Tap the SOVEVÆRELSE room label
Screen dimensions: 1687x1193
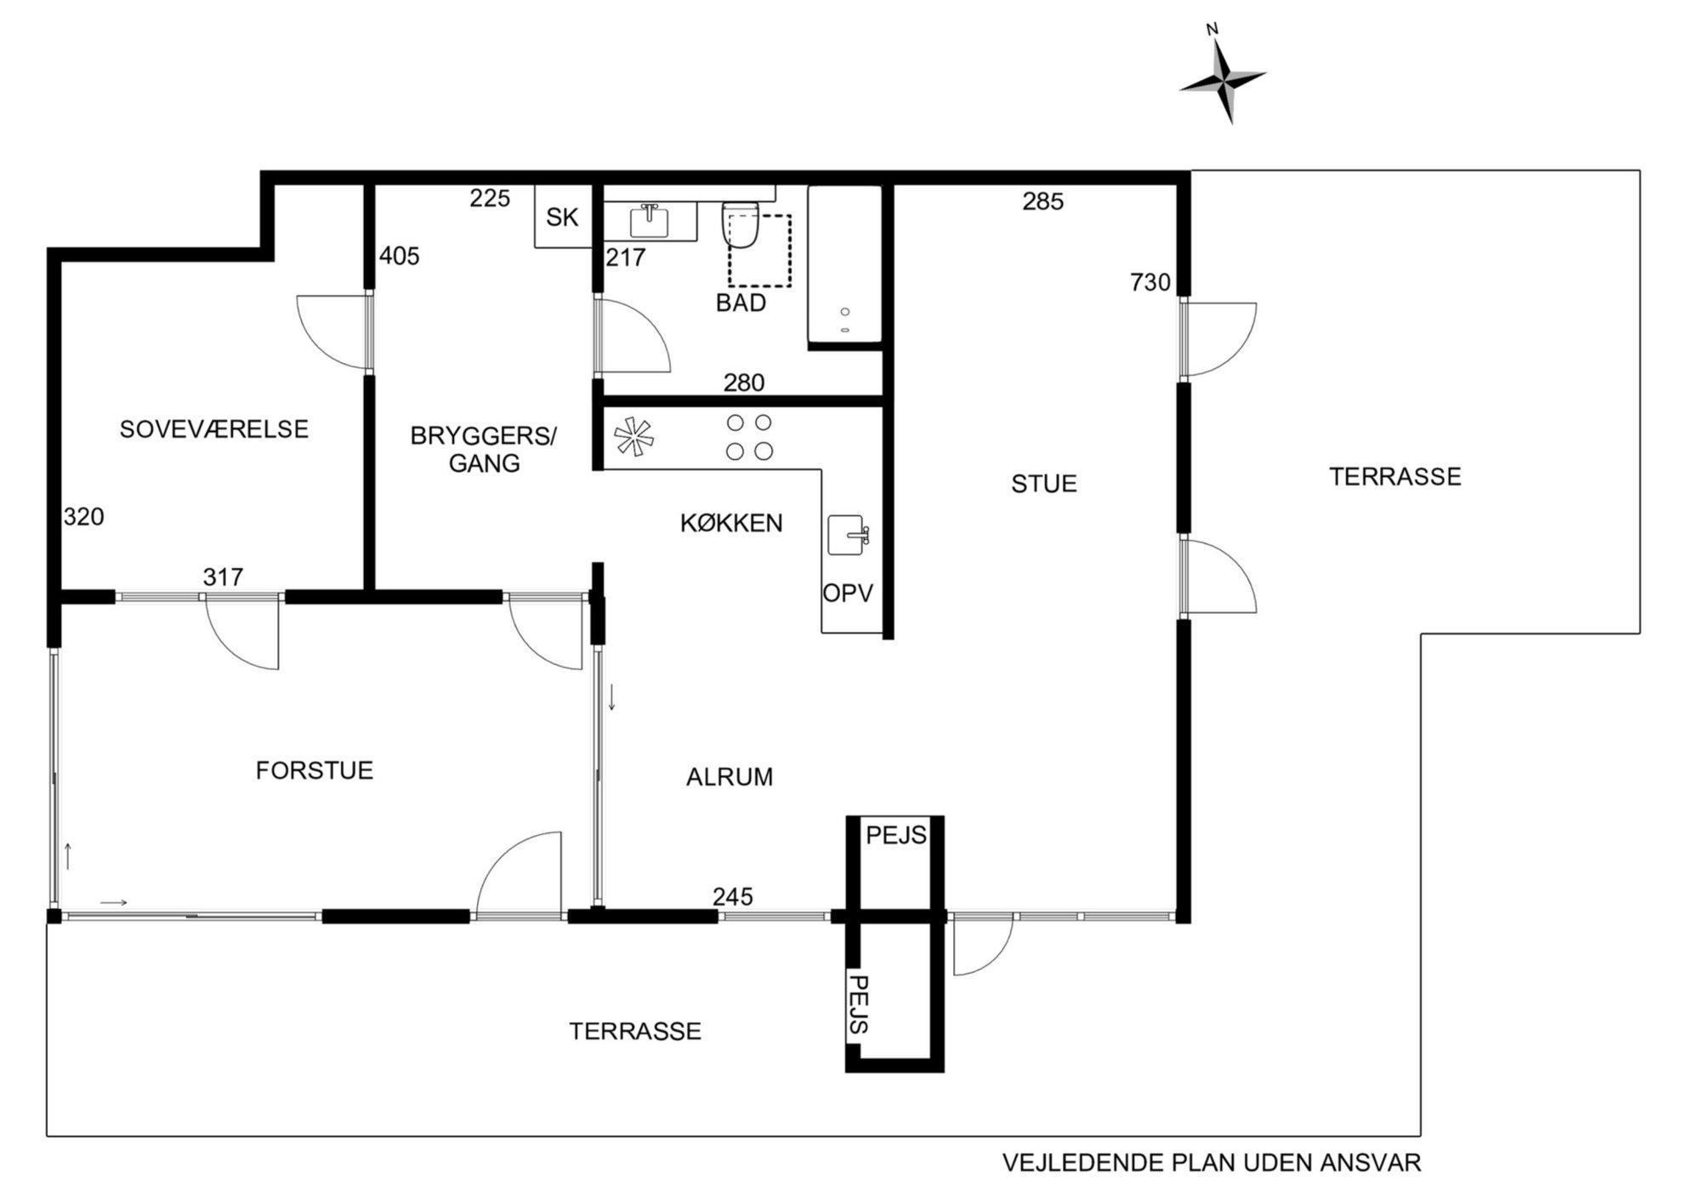pyautogui.click(x=214, y=429)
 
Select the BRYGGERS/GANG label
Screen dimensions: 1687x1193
pyautogui.click(x=483, y=449)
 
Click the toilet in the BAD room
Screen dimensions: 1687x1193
pyautogui.click(x=739, y=225)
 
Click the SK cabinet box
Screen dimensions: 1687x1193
pyautogui.click(x=562, y=218)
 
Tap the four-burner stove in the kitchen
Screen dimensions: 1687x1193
pyautogui.click(x=749, y=436)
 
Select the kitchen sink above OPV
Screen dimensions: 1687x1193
pyautogui.click(x=848, y=535)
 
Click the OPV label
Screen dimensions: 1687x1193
pyautogui.click(x=848, y=593)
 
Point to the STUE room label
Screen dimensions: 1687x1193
pyautogui.click(x=1044, y=484)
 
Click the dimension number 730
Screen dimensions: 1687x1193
pyautogui.click(x=1150, y=282)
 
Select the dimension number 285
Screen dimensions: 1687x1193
pyautogui.click(x=1043, y=202)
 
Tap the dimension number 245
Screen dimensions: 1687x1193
pyautogui.click(x=733, y=896)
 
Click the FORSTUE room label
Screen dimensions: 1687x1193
pyautogui.click(x=315, y=770)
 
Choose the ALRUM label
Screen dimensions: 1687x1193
pyautogui.click(x=730, y=777)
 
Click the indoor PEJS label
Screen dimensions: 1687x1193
pyautogui.click(x=896, y=836)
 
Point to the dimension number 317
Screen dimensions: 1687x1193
pyautogui.click(x=223, y=577)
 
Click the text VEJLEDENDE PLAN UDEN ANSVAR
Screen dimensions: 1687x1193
pyautogui.click(x=1212, y=1162)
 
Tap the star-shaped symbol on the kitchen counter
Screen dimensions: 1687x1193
pyautogui.click(x=635, y=436)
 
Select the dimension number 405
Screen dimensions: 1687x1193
pyautogui.click(x=400, y=256)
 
